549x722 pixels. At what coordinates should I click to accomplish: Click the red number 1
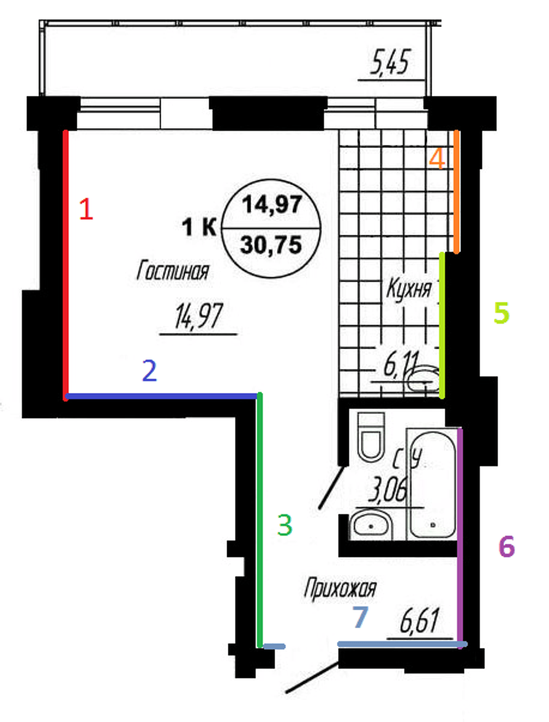click(x=86, y=208)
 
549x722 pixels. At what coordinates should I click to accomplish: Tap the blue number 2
click(x=150, y=371)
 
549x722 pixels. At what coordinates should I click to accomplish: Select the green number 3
click(x=284, y=525)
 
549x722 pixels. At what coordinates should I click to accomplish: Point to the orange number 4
click(x=437, y=158)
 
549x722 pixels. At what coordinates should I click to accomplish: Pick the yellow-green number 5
click(x=502, y=313)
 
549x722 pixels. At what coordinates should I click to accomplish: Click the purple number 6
click(x=506, y=546)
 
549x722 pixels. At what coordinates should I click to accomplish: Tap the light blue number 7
click(x=360, y=617)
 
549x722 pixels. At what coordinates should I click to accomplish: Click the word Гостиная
click(x=173, y=272)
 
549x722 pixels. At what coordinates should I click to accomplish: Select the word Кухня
click(x=409, y=289)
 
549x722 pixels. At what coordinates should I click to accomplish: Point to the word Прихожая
click(x=340, y=589)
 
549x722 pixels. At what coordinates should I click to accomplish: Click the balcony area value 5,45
click(x=390, y=62)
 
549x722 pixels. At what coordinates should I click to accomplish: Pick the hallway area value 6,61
click(x=419, y=621)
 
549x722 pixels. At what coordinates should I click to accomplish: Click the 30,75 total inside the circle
click(x=271, y=245)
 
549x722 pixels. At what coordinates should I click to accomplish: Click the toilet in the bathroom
click(x=371, y=437)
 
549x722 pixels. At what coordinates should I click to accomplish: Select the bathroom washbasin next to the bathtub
click(x=371, y=525)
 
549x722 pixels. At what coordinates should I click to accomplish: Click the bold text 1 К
click(x=199, y=227)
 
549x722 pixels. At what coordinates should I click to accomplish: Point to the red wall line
click(x=65, y=265)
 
